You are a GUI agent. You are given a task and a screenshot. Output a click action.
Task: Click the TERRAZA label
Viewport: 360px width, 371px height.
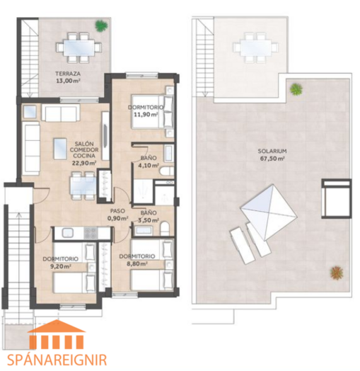tap(68, 74)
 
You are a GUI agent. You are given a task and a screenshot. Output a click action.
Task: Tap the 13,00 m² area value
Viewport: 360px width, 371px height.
tap(68, 81)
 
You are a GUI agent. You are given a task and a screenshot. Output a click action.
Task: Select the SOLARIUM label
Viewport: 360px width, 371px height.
tap(272, 151)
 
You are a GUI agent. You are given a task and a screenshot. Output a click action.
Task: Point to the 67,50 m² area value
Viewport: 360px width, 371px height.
tap(272, 159)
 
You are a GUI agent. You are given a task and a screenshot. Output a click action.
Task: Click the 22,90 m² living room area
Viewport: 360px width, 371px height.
tap(84, 163)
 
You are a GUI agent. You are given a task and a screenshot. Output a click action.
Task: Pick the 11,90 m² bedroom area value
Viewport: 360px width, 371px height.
tap(146, 115)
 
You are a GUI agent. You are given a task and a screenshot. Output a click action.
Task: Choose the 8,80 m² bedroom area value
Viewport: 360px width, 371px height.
tap(137, 263)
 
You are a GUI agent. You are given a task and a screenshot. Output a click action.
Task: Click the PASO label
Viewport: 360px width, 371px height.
tap(117, 211)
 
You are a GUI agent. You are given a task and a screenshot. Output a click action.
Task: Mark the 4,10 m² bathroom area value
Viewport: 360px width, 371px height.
tap(149, 165)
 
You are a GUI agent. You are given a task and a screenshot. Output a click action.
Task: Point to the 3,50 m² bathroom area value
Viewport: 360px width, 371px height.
tap(149, 220)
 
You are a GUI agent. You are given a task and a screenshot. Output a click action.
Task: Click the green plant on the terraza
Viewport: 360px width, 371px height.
tap(102, 25)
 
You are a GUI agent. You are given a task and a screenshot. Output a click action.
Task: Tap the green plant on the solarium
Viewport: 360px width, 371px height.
tap(296, 89)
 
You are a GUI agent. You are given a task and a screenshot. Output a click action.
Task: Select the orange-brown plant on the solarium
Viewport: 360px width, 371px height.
tap(337, 273)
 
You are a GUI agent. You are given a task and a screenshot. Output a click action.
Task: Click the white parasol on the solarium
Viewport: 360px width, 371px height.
tap(269, 212)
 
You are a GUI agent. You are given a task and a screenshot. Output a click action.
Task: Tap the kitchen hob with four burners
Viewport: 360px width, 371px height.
tap(91, 233)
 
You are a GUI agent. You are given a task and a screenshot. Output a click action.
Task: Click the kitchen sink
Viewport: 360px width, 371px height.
tap(68, 233)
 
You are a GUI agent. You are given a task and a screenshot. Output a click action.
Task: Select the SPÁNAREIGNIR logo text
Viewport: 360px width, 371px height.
tap(57, 360)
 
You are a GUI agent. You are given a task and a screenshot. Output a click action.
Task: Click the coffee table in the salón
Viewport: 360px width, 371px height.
tap(60, 149)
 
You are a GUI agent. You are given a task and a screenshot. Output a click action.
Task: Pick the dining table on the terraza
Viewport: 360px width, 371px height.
tap(79, 48)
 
